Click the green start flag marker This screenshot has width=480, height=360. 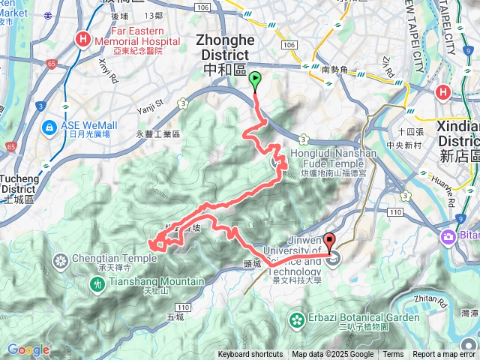255,78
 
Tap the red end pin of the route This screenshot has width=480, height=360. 331,242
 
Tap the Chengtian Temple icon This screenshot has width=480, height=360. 61,260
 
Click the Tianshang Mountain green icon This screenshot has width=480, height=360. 97,283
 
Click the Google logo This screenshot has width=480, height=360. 28,349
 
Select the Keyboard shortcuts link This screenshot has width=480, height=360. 250,355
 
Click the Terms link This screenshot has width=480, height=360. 393,355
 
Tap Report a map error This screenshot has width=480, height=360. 445,355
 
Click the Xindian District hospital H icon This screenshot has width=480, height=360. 443,93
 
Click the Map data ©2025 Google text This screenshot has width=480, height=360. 332,355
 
